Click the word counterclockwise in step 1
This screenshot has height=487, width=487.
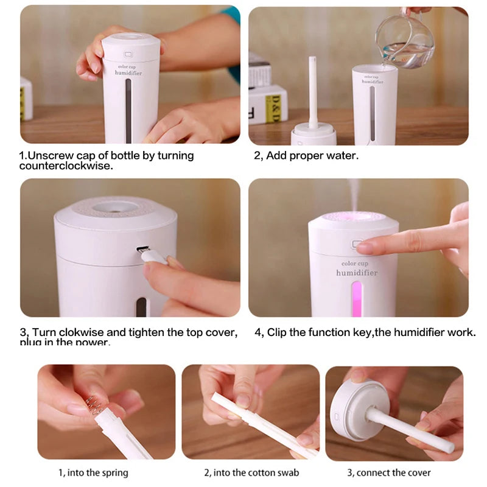click(x=66, y=166)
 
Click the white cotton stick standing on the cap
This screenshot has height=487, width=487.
click(x=313, y=91)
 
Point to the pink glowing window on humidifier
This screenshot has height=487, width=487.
click(x=356, y=298)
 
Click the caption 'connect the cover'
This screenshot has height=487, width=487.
click(x=388, y=472)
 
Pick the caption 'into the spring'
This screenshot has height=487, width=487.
click(x=93, y=472)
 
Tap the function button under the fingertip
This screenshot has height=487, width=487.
click(x=357, y=244)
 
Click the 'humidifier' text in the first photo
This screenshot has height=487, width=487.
click(x=128, y=72)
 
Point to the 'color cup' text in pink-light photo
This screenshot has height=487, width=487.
click(x=355, y=263)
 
